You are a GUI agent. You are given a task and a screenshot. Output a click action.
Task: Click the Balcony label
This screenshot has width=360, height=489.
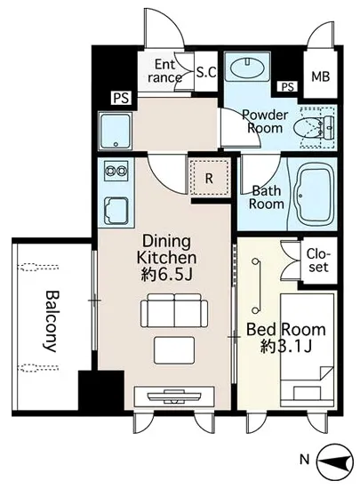tap(51, 321)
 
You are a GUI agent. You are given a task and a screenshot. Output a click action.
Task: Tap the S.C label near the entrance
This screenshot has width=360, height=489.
tap(206, 72)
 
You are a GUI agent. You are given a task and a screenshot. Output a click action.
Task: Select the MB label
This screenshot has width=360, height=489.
tap(320, 76)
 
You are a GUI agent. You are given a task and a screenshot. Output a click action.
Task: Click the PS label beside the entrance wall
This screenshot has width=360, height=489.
tap(121, 98)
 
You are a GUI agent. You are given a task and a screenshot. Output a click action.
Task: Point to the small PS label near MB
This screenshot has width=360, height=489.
tap(287, 86)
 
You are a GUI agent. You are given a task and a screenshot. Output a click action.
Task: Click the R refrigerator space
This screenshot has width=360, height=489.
tap(209, 179)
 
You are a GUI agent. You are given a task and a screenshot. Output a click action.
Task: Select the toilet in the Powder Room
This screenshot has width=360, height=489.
tap(314, 127)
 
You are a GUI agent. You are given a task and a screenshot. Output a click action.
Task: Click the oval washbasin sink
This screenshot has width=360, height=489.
tap(247, 68)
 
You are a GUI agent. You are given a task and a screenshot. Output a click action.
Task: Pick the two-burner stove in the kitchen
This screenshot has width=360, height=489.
tap(116, 172)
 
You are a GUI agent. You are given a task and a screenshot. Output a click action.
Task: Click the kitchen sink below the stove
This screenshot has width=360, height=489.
tap(116, 211)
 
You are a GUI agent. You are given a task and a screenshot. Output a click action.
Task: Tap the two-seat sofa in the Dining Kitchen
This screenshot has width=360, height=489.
tap(174, 310)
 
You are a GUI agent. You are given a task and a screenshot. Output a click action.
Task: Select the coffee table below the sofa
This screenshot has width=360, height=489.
tap(174, 350)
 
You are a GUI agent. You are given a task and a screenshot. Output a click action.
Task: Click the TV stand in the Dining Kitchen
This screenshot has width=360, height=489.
tap(174, 397)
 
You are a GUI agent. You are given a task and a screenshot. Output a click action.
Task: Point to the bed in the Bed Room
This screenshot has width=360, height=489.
tap(308, 350)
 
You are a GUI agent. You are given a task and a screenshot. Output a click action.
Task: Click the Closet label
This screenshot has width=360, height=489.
tap(318, 261)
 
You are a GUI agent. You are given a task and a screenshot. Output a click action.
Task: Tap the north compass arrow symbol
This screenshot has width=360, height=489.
tap(335, 461)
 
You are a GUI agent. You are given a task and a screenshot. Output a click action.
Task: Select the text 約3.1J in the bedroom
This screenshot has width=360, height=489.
tap(286, 346)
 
